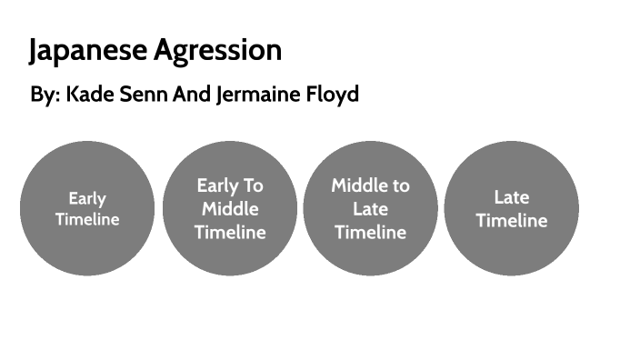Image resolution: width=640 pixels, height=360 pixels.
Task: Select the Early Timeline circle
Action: (87, 208)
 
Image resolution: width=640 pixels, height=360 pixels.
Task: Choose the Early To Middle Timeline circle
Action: (230, 208)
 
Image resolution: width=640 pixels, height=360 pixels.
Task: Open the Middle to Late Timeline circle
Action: (370, 208)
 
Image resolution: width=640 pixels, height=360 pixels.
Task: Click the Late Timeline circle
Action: (512, 208)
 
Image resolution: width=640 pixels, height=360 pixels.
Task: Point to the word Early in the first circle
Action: (87, 198)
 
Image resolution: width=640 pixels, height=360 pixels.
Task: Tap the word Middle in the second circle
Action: (230, 208)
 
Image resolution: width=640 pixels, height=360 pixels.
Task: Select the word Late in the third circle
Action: (370, 209)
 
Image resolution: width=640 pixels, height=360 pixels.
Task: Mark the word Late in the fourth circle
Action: (512, 196)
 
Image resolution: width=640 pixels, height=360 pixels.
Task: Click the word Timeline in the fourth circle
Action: (512, 220)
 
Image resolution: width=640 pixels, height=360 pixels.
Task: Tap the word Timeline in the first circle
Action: (87, 219)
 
